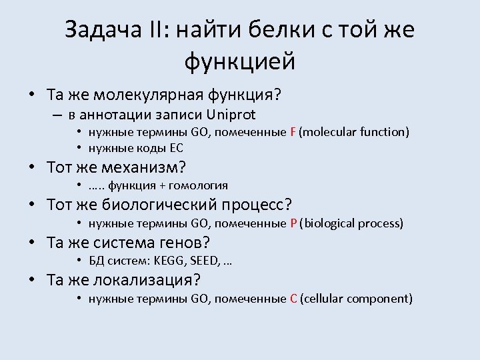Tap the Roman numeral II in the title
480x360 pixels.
click(160, 31)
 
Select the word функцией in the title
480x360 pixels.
click(239, 61)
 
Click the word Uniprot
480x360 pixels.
click(231, 114)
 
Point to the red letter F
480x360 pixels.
click(293, 132)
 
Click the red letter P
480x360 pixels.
click(293, 223)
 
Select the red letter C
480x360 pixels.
click(293, 299)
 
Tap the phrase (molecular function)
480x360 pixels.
click(354, 132)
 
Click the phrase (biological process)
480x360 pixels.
click(351, 223)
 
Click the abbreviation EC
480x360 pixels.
click(176, 148)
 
